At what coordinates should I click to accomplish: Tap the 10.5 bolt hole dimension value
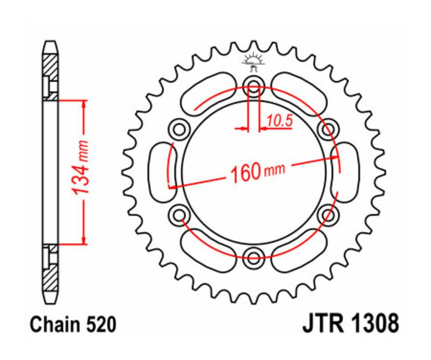(279, 122)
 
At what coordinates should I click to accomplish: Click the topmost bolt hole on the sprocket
(254, 88)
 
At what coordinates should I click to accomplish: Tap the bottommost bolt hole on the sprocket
(254, 254)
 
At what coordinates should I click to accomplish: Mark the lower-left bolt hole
(180, 214)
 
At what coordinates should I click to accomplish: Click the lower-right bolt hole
(328, 214)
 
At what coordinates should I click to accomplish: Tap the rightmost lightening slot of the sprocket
(346, 171)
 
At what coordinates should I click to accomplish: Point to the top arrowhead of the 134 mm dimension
(84, 105)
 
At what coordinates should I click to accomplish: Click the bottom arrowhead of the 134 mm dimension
(84, 240)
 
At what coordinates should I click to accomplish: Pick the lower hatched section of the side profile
(51, 278)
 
